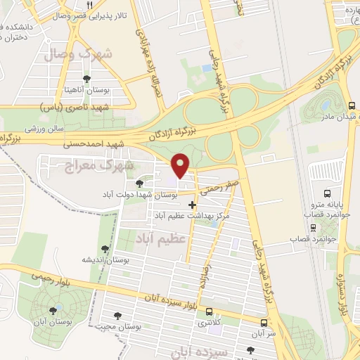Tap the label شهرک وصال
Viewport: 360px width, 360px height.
coord(70,53)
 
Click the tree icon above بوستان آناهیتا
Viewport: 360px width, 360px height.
coord(87,79)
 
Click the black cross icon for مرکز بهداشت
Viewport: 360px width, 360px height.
coord(193,205)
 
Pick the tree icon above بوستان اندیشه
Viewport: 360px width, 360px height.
coord(105,249)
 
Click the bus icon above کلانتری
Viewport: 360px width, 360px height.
coord(208,311)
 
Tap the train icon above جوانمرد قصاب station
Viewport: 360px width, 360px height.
coord(313,228)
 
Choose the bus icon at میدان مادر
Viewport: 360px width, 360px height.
coord(351,105)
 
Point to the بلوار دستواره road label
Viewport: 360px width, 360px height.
coord(345,295)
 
